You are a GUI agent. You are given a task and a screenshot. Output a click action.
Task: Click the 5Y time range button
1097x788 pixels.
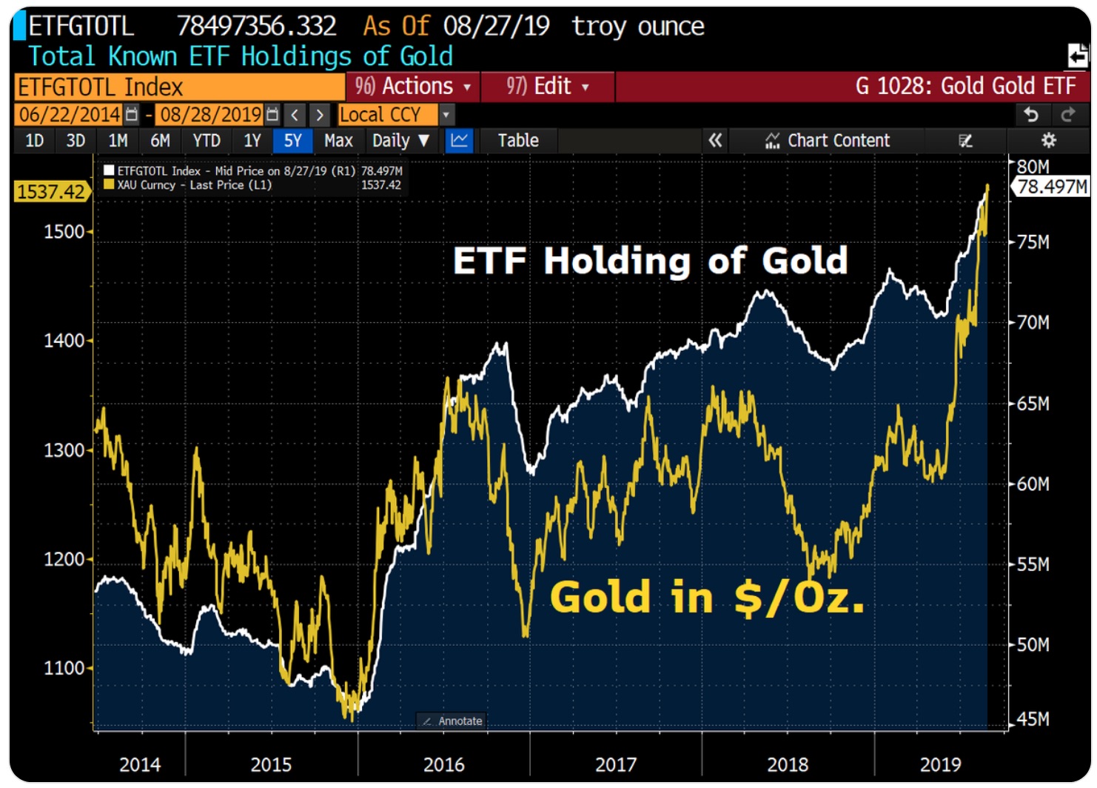pos(292,141)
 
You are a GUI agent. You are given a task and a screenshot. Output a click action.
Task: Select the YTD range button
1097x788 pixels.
pos(207,141)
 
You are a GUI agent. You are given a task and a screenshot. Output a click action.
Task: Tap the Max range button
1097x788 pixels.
pos(338,141)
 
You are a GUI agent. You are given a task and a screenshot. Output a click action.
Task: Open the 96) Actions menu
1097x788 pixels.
pos(412,87)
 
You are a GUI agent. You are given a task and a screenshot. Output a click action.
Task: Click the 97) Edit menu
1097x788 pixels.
pos(547,87)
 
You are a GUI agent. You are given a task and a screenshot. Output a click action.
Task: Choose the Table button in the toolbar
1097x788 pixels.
pos(517,141)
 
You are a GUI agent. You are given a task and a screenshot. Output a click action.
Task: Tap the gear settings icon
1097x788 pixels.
pos(1048,141)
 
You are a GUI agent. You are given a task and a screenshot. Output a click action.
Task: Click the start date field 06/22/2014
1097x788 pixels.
pos(70,115)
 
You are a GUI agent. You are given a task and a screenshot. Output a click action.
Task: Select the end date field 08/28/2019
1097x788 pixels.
pos(211,115)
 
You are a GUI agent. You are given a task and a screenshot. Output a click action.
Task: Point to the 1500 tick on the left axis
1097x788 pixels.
pos(64,232)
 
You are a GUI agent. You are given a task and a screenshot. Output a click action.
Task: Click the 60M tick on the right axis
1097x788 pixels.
pos(1033,484)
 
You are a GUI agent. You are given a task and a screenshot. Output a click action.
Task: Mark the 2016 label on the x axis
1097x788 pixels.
pos(443,764)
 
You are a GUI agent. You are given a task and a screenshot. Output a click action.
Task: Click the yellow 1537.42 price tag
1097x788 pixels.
pos(50,192)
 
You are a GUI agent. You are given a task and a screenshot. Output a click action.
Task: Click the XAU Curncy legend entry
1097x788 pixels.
pos(189,185)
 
